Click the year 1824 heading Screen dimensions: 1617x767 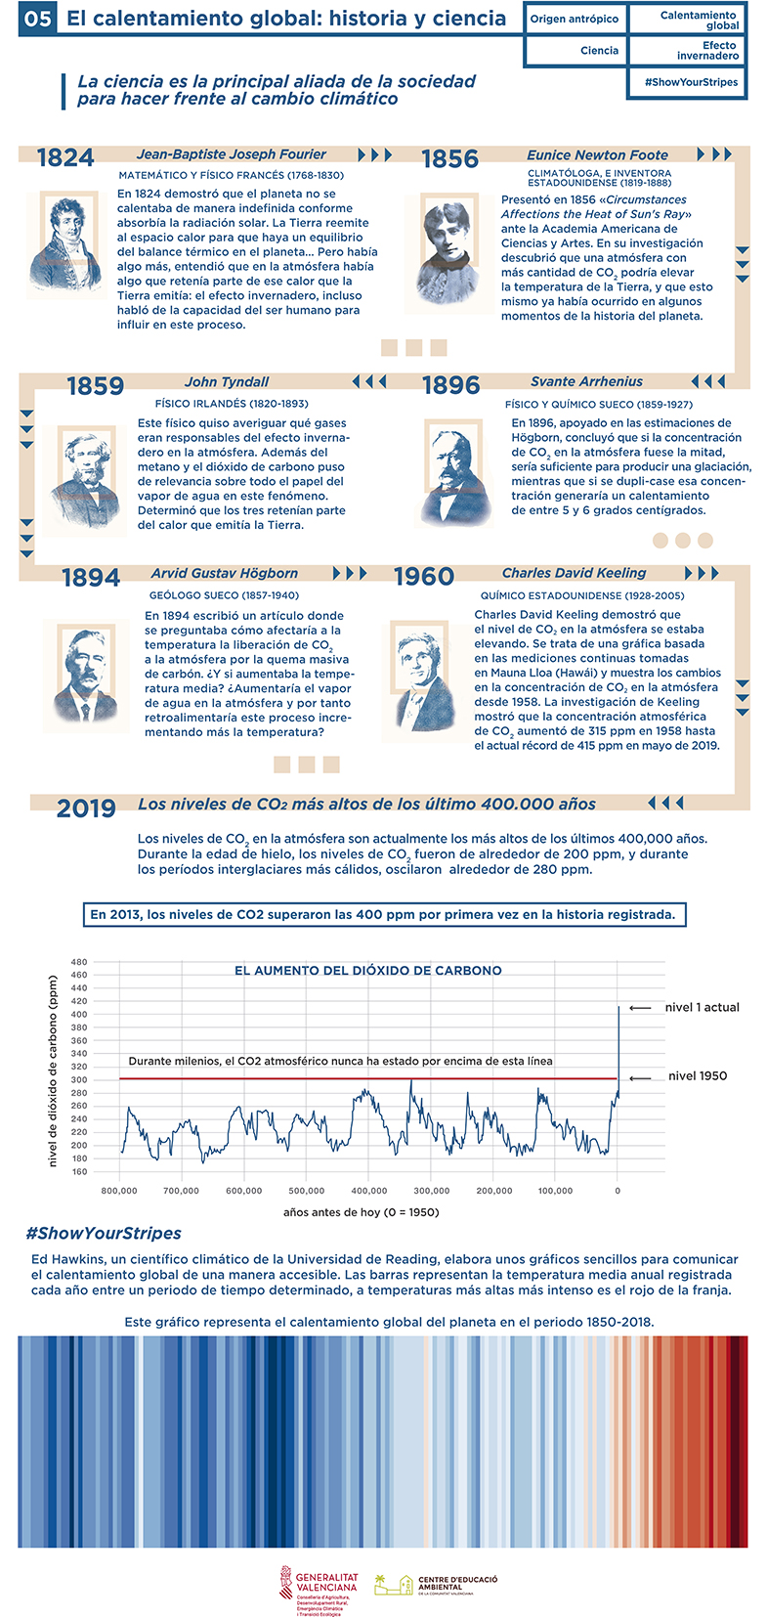pos(65,158)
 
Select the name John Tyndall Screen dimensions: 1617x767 pos(227,382)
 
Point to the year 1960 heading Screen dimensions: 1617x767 pos(424,577)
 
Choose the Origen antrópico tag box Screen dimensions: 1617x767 pos(575,20)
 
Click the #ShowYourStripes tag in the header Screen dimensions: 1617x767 pos(691,82)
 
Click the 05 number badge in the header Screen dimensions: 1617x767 pos(38,20)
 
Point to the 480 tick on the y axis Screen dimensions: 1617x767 pos(79,962)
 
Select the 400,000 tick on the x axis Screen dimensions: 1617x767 pos(369,1191)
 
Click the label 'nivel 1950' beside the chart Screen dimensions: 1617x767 pos(698,1076)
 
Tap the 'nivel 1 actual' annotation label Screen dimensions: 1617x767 pos(703,1008)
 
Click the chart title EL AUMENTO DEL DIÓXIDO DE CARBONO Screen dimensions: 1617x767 pos(368,971)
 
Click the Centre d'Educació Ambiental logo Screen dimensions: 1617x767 pos(437,1585)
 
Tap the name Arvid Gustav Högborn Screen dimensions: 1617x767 pos(225,574)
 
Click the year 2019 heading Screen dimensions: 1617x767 pos(86,808)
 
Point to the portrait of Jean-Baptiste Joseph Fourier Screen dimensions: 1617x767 pos(67,244)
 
